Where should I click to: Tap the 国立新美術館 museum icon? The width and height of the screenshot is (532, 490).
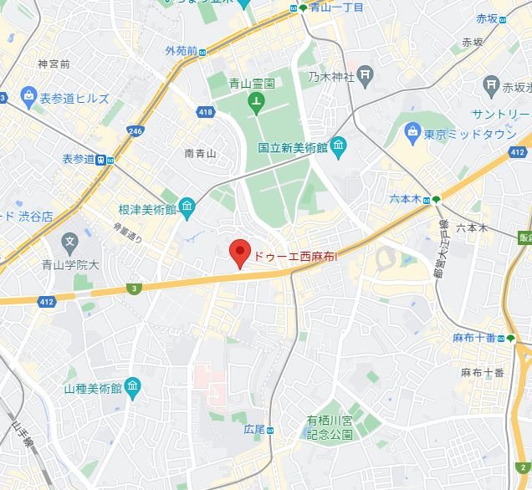click(x=339, y=148)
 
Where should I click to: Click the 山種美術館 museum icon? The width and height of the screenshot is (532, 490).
click(x=132, y=387)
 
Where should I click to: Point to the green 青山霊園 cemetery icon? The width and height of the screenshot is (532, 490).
click(x=256, y=105)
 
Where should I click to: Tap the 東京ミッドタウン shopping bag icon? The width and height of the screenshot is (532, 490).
click(x=412, y=131)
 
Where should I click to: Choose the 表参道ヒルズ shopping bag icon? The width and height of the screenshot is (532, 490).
click(x=28, y=98)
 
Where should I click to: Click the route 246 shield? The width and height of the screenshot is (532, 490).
click(x=135, y=130)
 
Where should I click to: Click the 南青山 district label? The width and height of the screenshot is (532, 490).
click(x=200, y=153)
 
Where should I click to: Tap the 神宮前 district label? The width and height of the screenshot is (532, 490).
click(x=54, y=64)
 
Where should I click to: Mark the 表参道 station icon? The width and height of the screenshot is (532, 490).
click(x=100, y=160)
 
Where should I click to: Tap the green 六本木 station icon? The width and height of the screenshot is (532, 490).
click(x=436, y=199)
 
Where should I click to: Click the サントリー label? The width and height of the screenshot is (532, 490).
click(x=500, y=114)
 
